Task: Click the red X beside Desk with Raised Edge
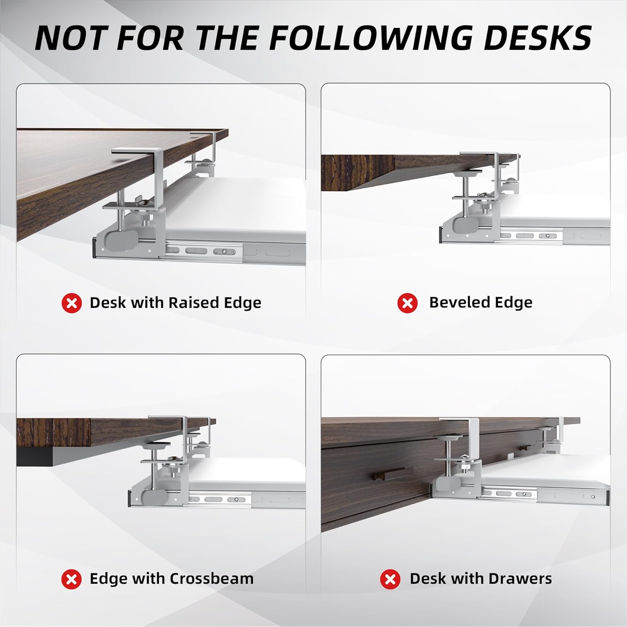[x=72, y=303]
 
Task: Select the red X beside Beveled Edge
[x=408, y=303]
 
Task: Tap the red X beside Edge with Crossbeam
[x=72, y=579]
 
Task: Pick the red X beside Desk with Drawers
[x=390, y=579]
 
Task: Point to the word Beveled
[x=457, y=302]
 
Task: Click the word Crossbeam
[x=212, y=579]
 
